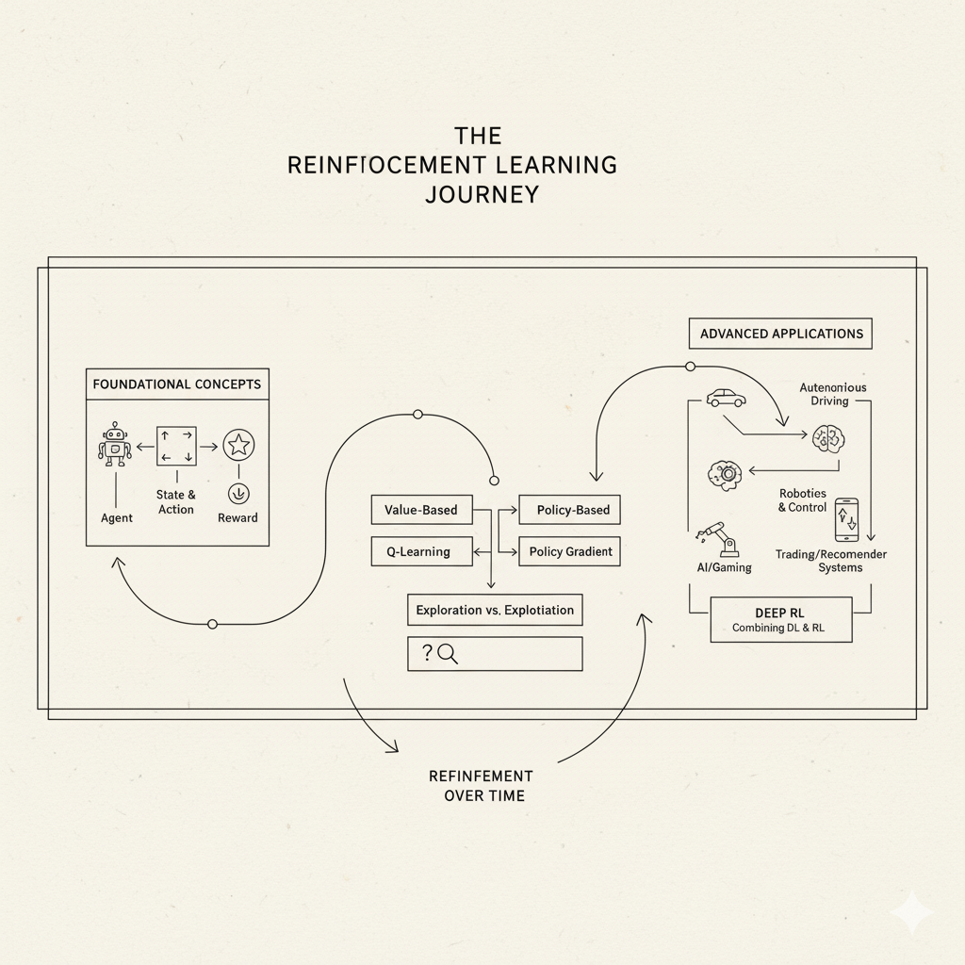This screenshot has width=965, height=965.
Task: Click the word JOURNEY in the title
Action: (482, 194)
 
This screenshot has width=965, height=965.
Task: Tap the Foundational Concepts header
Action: (177, 384)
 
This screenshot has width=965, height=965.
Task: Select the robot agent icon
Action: (115, 445)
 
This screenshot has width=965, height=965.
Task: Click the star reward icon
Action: (237, 444)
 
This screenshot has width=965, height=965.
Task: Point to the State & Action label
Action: (176, 502)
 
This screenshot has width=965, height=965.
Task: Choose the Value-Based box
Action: (421, 510)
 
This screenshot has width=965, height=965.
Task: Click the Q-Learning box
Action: (421, 551)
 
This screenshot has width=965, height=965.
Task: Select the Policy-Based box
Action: (570, 510)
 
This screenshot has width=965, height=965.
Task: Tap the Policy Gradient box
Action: (570, 551)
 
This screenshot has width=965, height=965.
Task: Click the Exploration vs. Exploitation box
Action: (495, 610)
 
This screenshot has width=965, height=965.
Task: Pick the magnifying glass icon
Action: (447, 653)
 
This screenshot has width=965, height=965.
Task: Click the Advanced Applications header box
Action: (781, 334)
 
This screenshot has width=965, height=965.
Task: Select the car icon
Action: (727, 398)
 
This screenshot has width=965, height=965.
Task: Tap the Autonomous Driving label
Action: (832, 394)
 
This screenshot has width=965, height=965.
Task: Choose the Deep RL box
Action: (780, 619)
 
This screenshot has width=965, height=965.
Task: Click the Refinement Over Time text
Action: (482, 785)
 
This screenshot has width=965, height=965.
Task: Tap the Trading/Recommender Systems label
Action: (831, 561)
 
